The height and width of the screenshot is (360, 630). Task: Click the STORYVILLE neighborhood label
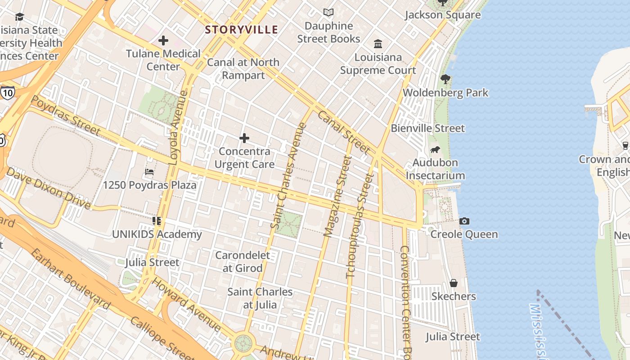pyautogui.click(x=241, y=30)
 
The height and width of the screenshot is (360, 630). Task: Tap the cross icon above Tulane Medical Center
pyautogui.click(x=163, y=41)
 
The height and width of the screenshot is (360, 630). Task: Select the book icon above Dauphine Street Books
pyautogui.click(x=328, y=13)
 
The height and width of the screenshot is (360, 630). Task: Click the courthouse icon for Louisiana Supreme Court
pyautogui.click(x=378, y=44)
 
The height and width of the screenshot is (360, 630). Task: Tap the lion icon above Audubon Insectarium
pyautogui.click(x=435, y=149)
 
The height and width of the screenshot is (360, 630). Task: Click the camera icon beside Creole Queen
pyautogui.click(x=464, y=221)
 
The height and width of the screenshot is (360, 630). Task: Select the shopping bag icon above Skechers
pyautogui.click(x=454, y=283)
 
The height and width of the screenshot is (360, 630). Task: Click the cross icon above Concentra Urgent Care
pyautogui.click(x=244, y=138)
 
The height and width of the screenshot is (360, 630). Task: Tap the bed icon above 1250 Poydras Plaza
pyautogui.click(x=149, y=172)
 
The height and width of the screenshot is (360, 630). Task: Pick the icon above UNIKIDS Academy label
pyautogui.click(x=157, y=221)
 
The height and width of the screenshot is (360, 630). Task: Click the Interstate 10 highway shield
pyautogui.click(x=7, y=93)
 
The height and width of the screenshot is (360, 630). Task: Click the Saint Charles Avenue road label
pyautogui.click(x=288, y=175)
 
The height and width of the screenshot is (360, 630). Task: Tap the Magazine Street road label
pyautogui.click(x=337, y=196)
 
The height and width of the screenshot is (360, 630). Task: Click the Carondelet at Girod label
pyautogui.click(x=243, y=261)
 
